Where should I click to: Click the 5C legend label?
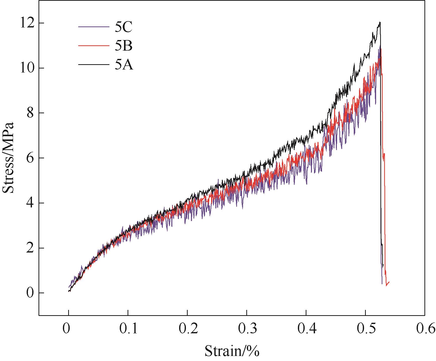click(x=124, y=27)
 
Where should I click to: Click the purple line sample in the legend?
click(x=94, y=26)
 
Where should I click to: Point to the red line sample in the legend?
click(x=94, y=45)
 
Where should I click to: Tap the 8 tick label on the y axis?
click(x=30, y=113)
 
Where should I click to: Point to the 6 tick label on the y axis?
click(x=30, y=158)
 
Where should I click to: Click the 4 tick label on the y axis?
click(x=30, y=203)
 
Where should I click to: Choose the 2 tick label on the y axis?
click(x=30, y=248)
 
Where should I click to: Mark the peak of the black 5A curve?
click(x=380, y=22)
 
